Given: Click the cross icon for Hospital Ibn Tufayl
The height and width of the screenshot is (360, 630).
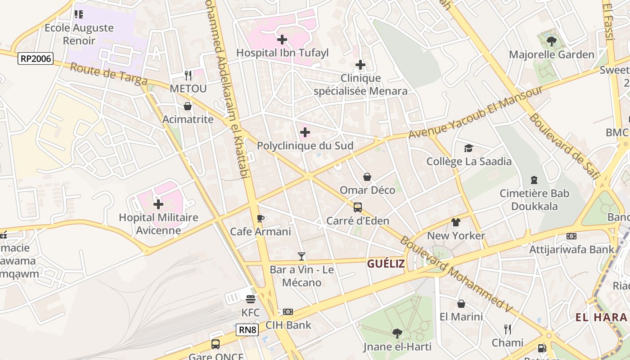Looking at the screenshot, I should pos(282,40).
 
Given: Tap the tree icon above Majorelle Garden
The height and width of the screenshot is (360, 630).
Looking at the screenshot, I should pos(551,41).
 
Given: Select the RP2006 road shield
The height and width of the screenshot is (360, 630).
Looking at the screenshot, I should pos(36,58).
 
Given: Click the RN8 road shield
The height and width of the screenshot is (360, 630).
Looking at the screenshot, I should pos(247,330).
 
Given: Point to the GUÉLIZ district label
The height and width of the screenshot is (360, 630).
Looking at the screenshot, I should pos(386,264).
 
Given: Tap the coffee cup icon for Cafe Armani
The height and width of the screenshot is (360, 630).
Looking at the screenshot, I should pos(260,218).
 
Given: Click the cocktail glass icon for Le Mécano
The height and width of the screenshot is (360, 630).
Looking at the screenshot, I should pos(301,256).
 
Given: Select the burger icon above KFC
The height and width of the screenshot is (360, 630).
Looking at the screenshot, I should pos(251,299).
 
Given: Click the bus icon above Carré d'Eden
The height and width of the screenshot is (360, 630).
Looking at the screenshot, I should pos(358,207).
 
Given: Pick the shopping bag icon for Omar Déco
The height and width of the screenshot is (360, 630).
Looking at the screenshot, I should pos(367,177).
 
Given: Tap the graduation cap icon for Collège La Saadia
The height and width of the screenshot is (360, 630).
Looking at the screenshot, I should pos(468,148).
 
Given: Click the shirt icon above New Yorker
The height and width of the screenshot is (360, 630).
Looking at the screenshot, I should pos(456,222).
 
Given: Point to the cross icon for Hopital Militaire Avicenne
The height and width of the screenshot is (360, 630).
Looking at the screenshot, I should pos(158,204).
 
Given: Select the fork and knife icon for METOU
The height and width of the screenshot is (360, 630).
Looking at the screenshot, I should pos(188,75).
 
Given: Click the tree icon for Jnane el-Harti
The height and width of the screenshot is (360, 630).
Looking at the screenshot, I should pos(397,333).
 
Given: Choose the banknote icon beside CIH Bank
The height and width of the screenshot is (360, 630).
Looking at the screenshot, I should pos(288,312).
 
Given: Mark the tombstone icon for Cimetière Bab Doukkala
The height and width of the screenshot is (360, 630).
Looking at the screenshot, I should pos(534,180).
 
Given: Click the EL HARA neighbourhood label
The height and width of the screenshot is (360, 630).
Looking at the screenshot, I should pos(601,317).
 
